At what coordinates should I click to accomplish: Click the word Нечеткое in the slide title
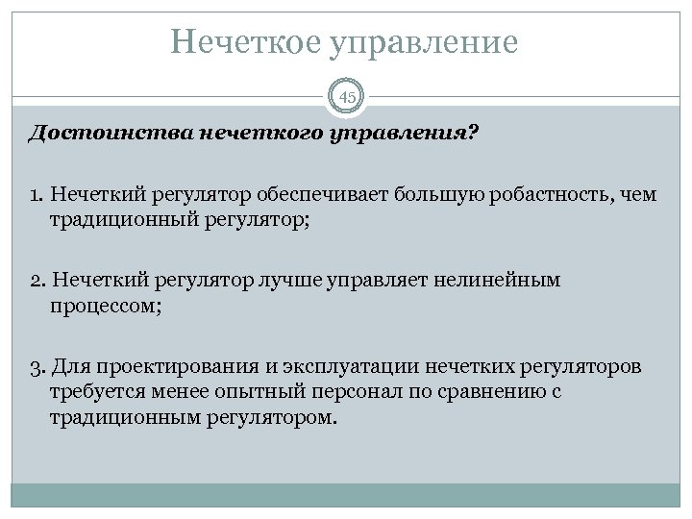pos(247,41)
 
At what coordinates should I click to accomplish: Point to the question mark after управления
pos(471,134)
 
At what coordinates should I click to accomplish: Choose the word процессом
pos(100,306)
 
